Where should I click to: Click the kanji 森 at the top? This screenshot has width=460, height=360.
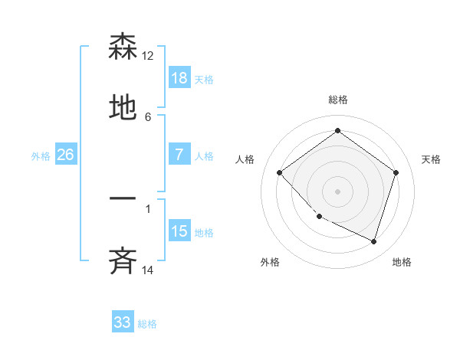(123, 47)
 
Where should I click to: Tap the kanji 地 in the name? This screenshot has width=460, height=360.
(123, 110)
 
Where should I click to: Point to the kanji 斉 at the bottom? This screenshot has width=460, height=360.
(123, 261)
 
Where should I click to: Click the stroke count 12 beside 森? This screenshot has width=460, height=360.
(148, 56)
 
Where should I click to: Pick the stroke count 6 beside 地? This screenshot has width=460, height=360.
(148, 116)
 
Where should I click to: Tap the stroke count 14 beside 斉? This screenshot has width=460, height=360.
(148, 269)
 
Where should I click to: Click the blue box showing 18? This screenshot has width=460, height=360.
(179, 78)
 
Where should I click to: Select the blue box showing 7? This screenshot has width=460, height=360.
(179, 155)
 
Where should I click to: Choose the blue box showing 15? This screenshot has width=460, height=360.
(179, 231)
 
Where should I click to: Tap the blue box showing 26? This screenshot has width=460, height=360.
(65, 155)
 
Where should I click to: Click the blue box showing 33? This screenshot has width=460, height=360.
(123, 322)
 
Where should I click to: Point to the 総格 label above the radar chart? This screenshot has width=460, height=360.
(338, 100)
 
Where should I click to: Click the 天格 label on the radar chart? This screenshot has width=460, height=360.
(432, 159)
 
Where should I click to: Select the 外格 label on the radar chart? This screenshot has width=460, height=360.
(270, 262)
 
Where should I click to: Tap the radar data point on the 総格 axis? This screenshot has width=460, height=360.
(337, 131)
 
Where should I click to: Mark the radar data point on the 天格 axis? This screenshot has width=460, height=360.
(396, 172)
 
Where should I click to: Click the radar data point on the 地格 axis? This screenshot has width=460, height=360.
(374, 242)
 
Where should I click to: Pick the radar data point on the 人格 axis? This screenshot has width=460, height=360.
(280, 172)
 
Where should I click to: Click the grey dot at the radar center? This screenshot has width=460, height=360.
(337, 191)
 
